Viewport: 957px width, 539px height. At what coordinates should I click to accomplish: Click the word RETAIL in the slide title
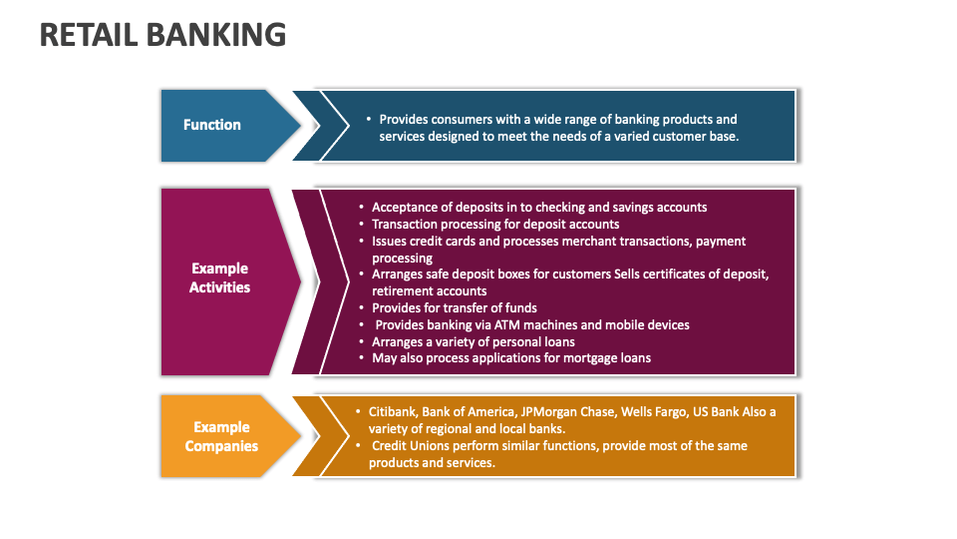88,35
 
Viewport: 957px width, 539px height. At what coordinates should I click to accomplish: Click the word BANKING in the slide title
215,35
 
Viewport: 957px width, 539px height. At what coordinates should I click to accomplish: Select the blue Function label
212,125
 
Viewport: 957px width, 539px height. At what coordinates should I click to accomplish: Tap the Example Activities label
219,277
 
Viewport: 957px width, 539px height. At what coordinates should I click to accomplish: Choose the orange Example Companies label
221,436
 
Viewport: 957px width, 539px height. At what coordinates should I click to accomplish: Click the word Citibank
392,411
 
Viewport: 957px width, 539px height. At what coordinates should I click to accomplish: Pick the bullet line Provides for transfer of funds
455,307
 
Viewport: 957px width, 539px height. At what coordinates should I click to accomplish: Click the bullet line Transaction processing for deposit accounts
495,224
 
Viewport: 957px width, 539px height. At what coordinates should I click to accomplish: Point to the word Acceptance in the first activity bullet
404,207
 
